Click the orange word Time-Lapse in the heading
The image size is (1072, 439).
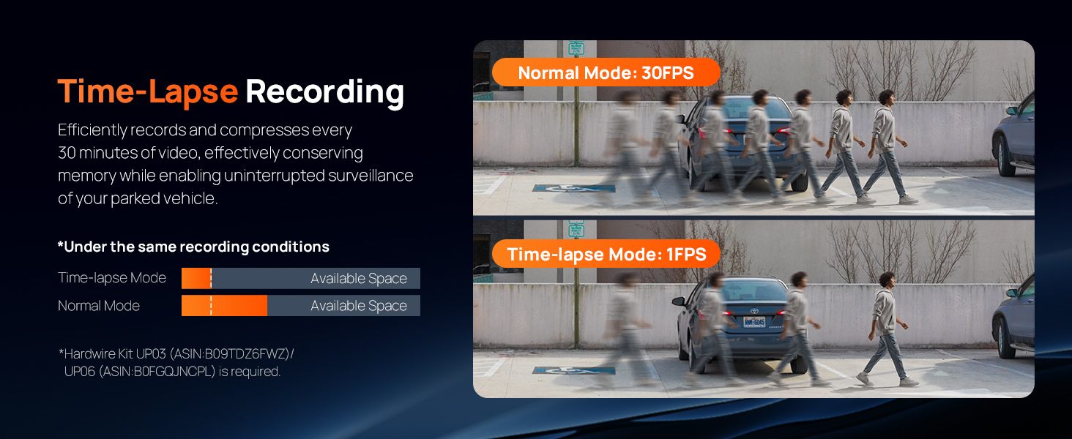pyautogui.click(x=147, y=92)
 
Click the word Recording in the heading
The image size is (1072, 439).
pyautogui.click(x=324, y=92)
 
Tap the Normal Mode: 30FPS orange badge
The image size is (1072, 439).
pyautogui.click(x=606, y=72)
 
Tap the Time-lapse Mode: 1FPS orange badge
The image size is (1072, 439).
pyautogui.click(x=606, y=254)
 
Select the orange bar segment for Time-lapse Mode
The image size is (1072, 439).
pyautogui.click(x=196, y=279)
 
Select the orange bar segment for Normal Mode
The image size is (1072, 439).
pyautogui.click(x=224, y=306)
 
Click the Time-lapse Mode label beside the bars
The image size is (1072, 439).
pyautogui.click(x=112, y=278)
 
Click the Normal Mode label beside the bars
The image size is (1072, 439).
pyautogui.click(x=99, y=306)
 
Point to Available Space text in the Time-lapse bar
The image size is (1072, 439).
pyautogui.click(x=358, y=279)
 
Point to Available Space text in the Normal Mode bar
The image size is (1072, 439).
pyautogui.click(x=358, y=306)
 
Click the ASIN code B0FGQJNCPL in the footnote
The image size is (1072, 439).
pyautogui.click(x=171, y=372)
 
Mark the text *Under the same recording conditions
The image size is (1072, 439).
pyautogui.click(x=193, y=247)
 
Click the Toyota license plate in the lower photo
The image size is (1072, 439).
pyautogui.click(x=754, y=322)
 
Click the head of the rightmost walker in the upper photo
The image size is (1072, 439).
pyautogui.click(x=886, y=97)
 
